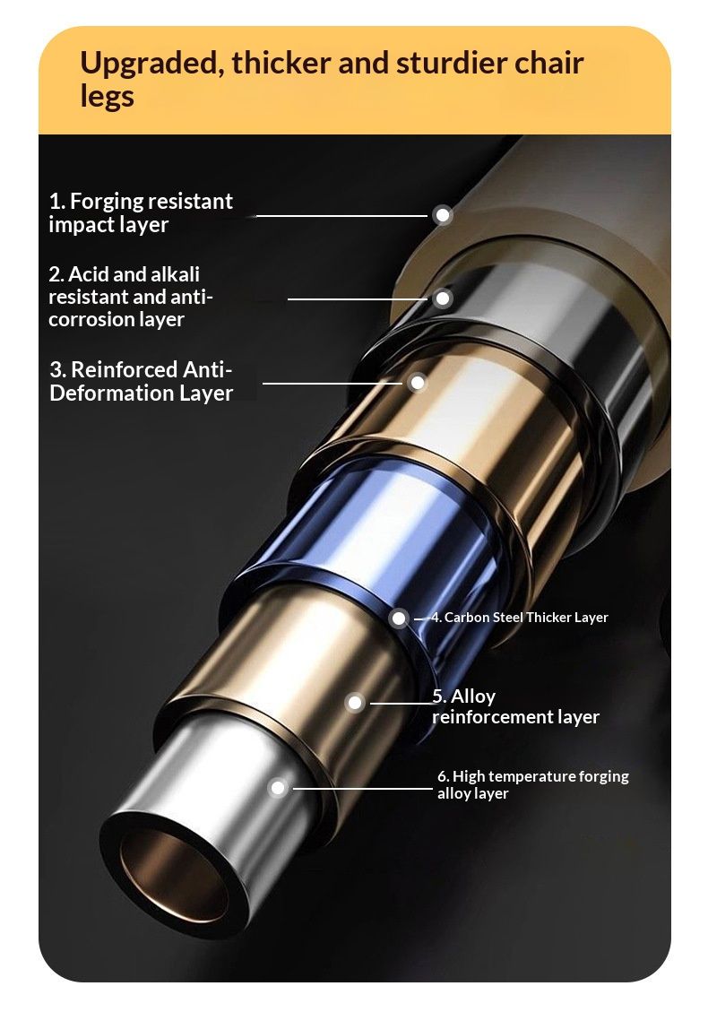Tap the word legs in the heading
click(x=107, y=97)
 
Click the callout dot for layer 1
click(x=443, y=215)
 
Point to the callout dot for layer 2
click(x=443, y=298)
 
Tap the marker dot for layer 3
click(x=417, y=383)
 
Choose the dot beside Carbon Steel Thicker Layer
click(x=399, y=618)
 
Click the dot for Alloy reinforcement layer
click(x=355, y=703)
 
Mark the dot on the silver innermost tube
click(x=278, y=788)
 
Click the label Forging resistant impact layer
click(x=140, y=212)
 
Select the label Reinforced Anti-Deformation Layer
click(x=141, y=381)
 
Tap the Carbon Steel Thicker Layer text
click(x=520, y=618)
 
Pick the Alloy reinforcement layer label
click(x=515, y=706)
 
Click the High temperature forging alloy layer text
click(x=532, y=784)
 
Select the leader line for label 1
click(x=341, y=215)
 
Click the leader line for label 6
click(x=363, y=788)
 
